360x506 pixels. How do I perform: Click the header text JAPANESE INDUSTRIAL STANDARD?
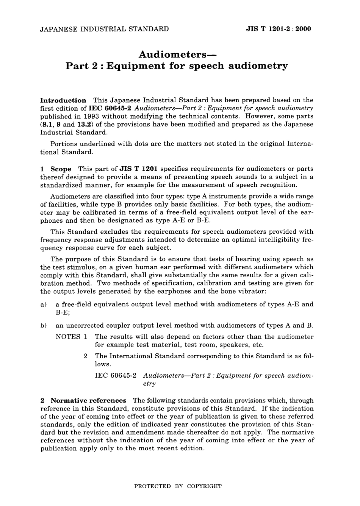(x=105, y=29)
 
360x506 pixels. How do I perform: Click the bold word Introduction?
(x=63, y=100)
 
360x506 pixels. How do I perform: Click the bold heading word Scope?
(x=61, y=169)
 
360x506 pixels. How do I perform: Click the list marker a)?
(x=43, y=304)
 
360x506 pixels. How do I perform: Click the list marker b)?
(x=43, y=325)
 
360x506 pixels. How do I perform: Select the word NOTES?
(x=68, y=337)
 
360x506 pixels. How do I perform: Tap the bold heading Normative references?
(x=88, y=401)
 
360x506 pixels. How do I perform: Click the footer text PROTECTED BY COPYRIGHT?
(x=178, y=486)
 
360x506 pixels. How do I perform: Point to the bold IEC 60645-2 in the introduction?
(x=110, y=108)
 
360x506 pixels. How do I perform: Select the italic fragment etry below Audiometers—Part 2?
(x=149, y=384)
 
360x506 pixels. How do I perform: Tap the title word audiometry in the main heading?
(x=258, y=66)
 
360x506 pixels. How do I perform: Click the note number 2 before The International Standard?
(x=86, y=356)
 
